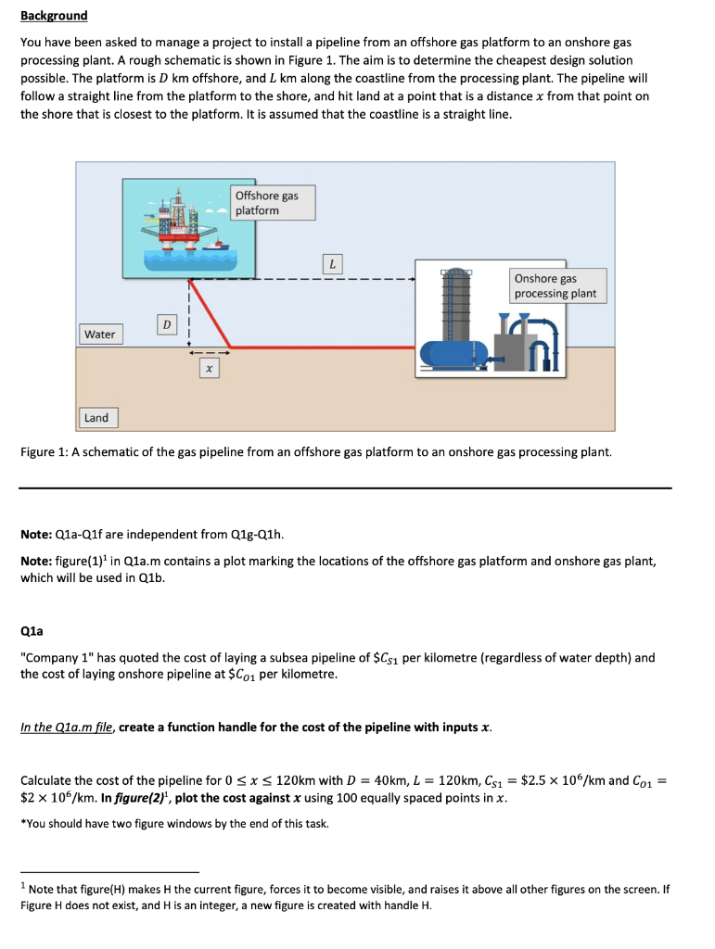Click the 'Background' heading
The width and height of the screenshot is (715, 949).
tap(54, 16)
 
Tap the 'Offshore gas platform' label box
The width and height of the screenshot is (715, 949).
tap(272, 203)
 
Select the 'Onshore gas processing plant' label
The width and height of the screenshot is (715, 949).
tap(556, 285)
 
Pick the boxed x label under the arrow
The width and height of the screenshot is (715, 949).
tap(210, 368)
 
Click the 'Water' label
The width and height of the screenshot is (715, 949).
tap(99, 334)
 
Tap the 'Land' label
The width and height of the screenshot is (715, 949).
tap(96, 418)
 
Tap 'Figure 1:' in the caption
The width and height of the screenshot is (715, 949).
tap(47, 452)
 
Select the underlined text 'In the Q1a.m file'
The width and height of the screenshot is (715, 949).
tap(66, 727)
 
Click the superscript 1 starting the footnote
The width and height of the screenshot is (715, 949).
tap(23, 885)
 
